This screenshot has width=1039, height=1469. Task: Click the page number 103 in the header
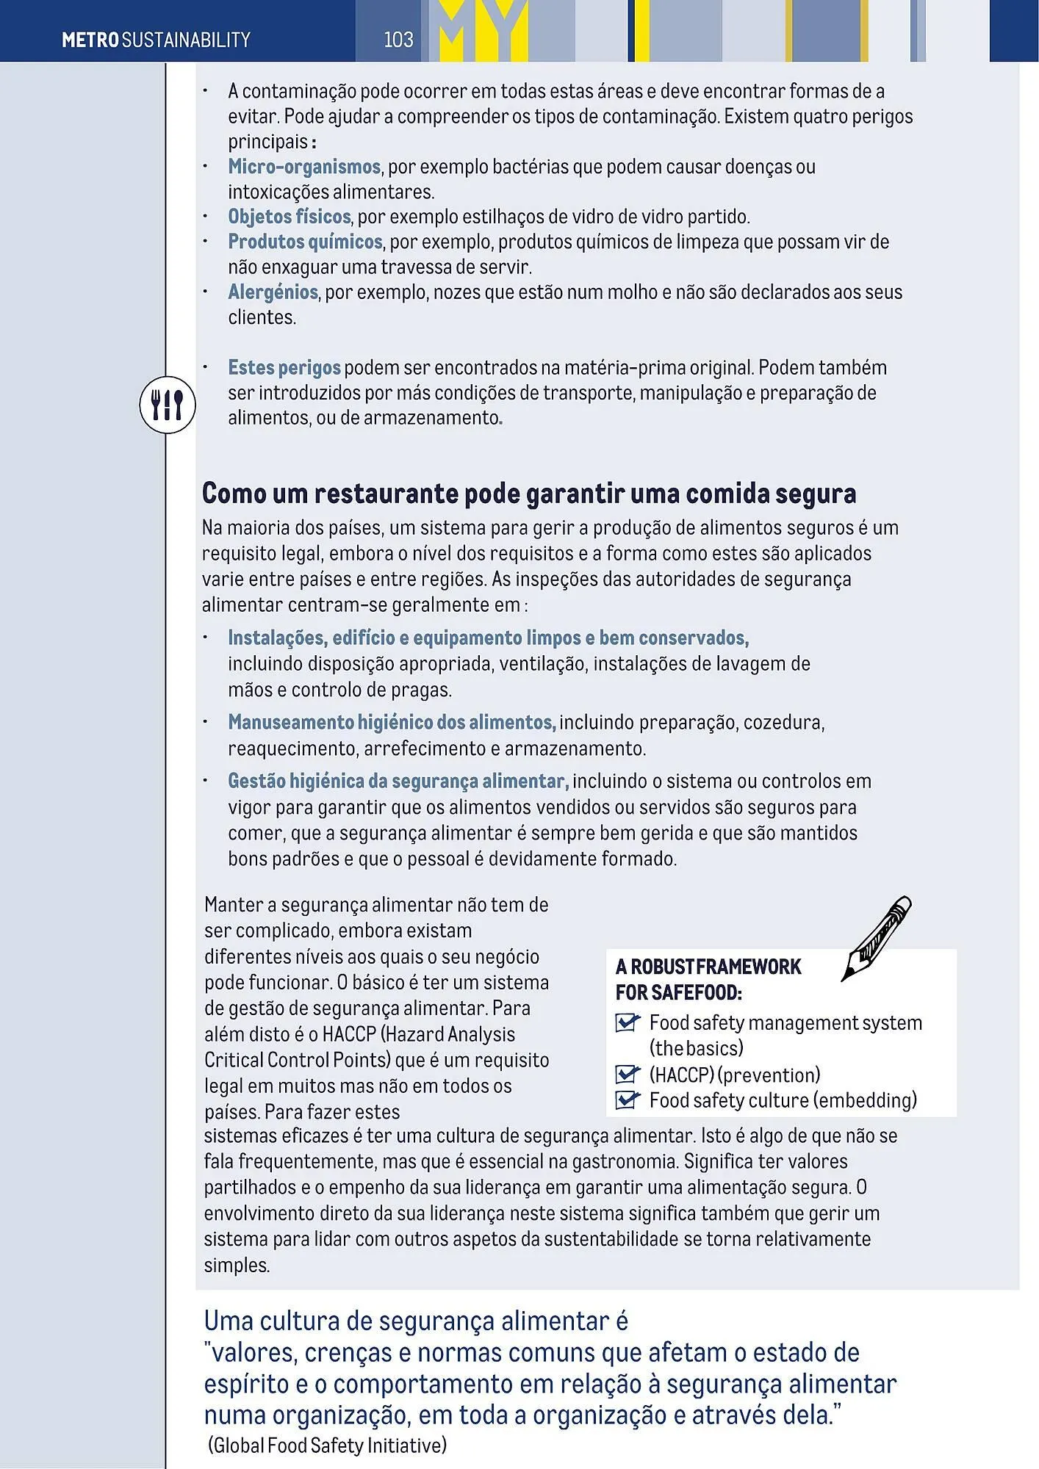coord(398,39)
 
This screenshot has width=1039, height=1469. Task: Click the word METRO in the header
coord(90,40)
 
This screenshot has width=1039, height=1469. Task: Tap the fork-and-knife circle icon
coord(168,405)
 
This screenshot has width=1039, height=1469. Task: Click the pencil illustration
coord(877,938)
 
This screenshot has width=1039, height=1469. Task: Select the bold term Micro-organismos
coord(303,167)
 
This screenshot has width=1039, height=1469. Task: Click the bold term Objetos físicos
coord(289,217)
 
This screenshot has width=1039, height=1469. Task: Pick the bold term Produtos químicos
coord(304,242)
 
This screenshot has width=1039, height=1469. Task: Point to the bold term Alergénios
coord(273,292)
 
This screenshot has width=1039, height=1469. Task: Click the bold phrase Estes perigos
coord(284,367)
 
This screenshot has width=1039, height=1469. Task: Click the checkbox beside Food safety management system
coord(627,1022)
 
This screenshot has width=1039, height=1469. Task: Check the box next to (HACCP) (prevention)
coord(627,1075)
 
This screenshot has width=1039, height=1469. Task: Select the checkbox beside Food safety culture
coord(627,1100)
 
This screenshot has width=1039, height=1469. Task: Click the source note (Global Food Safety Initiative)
coord(327,1445)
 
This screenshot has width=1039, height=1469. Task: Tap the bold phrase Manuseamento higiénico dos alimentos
coord(391,723)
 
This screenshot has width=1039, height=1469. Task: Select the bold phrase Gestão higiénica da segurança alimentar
coord(398,781)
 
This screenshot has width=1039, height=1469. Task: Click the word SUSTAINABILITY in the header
coord(186,40)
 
